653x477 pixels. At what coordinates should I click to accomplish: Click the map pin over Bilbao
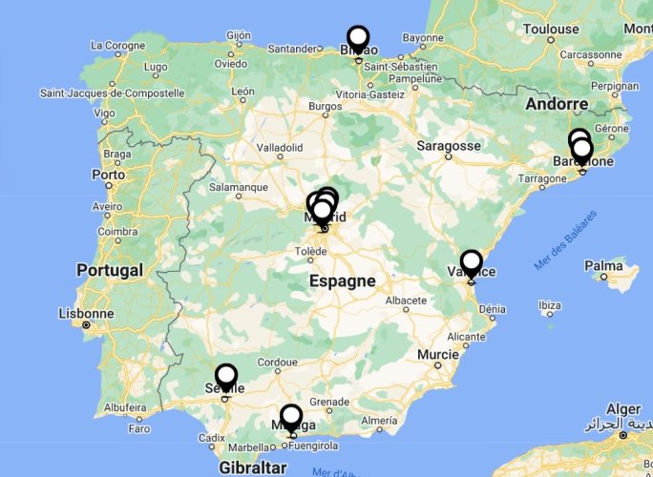(358, 39)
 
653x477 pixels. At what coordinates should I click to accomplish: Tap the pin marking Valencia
(472, 262)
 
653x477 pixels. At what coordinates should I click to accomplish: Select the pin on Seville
(226, 377)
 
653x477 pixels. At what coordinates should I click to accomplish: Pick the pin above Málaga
(291, 417)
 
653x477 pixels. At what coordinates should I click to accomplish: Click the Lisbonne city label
(86, 313)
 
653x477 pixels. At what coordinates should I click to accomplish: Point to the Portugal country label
(110, 270)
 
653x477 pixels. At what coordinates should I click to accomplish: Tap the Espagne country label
(342, 280)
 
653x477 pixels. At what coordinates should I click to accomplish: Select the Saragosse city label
(449, 146)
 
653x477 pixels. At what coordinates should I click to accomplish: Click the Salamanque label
(238, 188)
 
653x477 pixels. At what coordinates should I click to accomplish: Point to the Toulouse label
(551, 29)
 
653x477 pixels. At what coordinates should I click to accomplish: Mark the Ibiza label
(549, 306)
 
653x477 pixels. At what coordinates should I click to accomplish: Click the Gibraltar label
(252, 467)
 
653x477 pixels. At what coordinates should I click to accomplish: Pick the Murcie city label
(438, 354)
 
